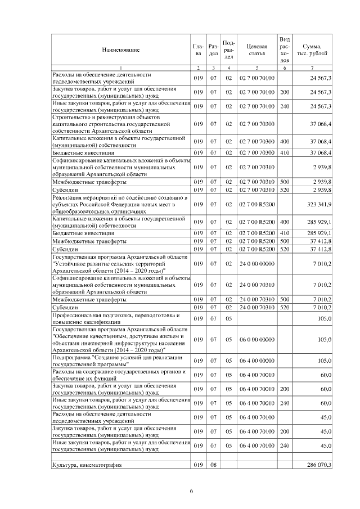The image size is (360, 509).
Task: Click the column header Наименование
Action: [x=120, y=49]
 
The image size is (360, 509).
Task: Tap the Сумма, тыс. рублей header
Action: [x=312, y=49]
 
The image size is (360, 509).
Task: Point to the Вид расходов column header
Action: [x=285, y=49]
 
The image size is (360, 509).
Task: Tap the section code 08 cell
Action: [x=213, y=465]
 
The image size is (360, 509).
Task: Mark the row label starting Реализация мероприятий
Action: [x=119, y=204]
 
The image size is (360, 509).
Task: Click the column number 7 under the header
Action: [x=312, y=68]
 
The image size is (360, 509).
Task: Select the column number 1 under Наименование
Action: [x=120, y=68]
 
